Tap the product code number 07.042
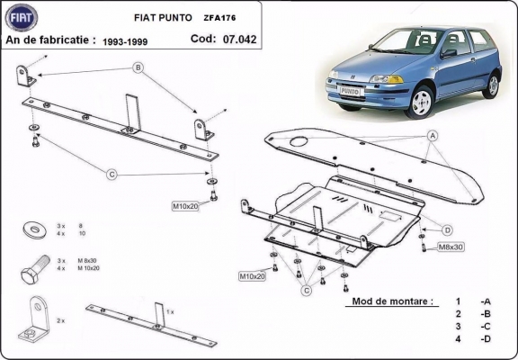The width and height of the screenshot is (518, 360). tap(240, 39)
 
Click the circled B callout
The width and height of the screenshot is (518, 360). tap(138, 67)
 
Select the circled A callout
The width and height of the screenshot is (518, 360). tap(432, 135)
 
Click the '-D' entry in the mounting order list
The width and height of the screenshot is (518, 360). tap(487, 338)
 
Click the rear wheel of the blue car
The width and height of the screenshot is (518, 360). tap(490, 85)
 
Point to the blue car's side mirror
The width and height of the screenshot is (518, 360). tap(447, 54)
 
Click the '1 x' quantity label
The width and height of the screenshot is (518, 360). tap(170, 310)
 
